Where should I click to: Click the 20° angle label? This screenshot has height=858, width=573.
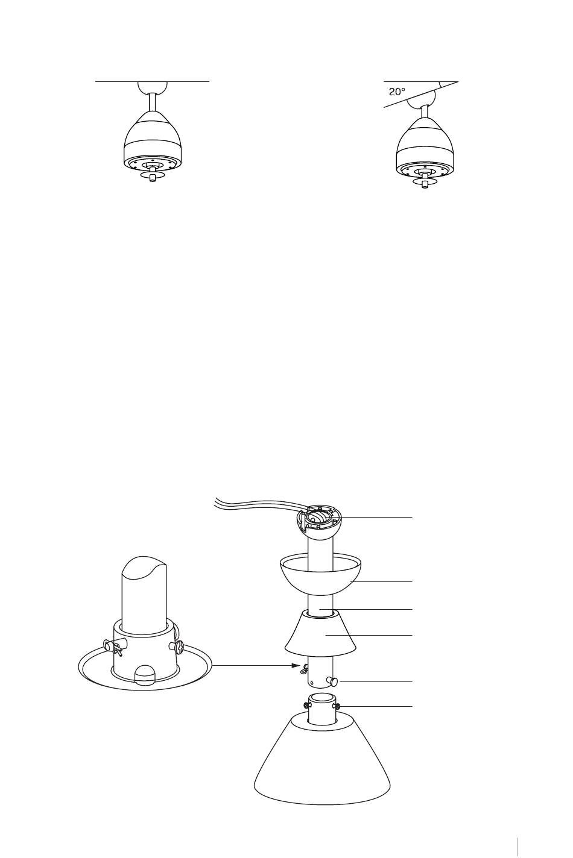[396, 92]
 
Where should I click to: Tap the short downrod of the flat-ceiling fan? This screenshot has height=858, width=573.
[152, 102]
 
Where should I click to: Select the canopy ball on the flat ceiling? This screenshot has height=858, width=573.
[152, 88]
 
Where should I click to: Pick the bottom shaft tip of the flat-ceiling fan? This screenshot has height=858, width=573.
[153, 180]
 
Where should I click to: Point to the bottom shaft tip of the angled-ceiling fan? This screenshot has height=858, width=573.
[425, 186]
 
